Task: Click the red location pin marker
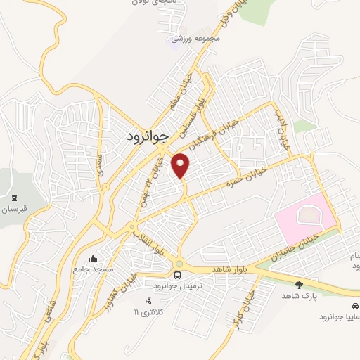point(181,165)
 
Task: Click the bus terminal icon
point(178,274)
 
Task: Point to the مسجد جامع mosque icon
point(94,258)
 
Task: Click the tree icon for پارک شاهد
point(299,285)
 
